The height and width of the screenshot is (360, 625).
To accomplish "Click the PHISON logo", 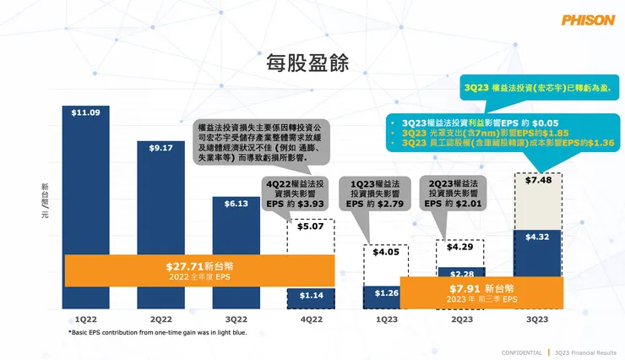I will (587, 20).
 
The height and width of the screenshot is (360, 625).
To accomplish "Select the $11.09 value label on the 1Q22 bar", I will (85, 112).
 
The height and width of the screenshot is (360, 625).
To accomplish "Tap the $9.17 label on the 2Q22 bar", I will (161, 148).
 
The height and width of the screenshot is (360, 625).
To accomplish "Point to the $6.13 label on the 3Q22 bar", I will (236, 204).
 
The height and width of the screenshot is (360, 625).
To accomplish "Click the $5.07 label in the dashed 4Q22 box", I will (311, 226).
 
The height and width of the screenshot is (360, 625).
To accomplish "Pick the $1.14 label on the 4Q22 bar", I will (311, 295).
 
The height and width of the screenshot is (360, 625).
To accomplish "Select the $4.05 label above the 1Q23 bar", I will (386, 251).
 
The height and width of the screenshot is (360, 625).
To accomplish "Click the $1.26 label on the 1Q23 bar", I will (386, 293).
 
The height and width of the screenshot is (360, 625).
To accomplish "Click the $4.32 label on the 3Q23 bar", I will (537, 237).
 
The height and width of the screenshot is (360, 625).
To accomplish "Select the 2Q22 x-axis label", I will (161, 319).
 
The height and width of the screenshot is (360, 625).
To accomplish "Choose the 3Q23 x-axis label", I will (537, 319).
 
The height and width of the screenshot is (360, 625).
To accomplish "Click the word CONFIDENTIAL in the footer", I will (522, 352).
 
